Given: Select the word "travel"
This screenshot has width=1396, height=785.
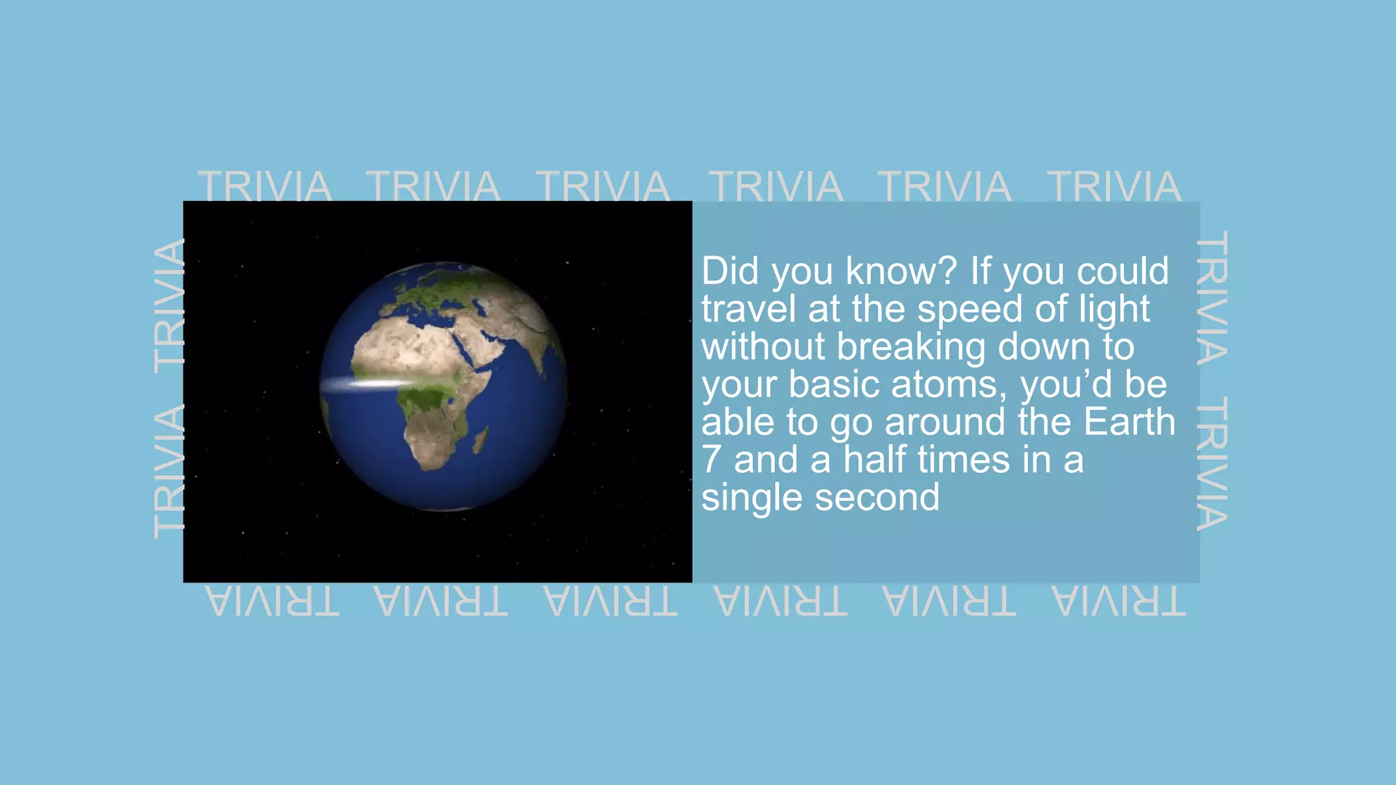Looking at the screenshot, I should pos(748,309).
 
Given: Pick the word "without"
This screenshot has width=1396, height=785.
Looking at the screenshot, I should pos(763,346).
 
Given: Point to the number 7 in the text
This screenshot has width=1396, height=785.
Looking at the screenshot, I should pos(711,460).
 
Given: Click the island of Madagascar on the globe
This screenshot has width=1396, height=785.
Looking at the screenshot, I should pos(481,440).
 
